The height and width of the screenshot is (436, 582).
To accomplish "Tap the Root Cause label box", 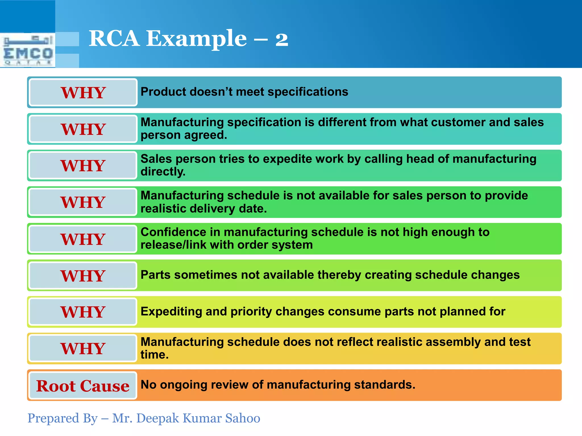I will click(83, 386).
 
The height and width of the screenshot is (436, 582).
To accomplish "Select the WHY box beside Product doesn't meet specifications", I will click(83, 93).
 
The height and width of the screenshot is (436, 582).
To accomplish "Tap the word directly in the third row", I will click(163, 172).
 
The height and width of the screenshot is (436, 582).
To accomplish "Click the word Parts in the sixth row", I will click(155, 275).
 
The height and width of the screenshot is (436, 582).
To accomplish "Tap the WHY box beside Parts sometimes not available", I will click(83, 276).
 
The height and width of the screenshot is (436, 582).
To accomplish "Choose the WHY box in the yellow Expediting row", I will click(83, 312).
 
